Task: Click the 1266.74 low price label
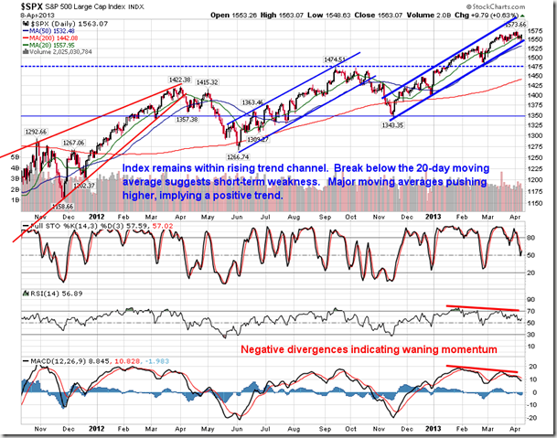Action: [241, 156]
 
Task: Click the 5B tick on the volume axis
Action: [14, 156]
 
